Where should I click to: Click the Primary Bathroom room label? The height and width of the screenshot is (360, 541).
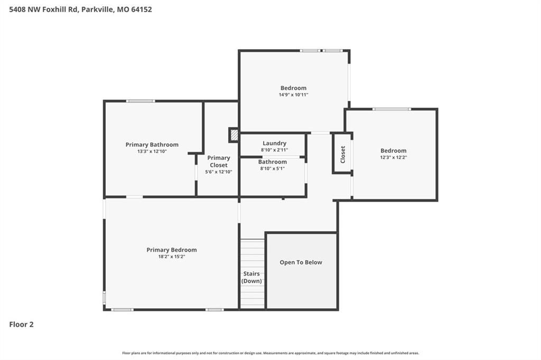152,145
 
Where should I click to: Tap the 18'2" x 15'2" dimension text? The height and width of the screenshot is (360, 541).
172,257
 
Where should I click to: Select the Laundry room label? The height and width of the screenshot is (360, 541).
274,143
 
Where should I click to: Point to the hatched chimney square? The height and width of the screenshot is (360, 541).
234,135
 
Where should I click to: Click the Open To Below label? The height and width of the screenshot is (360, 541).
301,262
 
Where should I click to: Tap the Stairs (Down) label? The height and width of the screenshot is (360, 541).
251,277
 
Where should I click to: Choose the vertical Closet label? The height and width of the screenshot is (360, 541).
342,155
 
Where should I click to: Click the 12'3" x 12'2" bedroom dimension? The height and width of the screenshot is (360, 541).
393,157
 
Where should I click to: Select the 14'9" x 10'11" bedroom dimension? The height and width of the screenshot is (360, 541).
293,94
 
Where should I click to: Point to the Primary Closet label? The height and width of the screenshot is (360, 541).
218,162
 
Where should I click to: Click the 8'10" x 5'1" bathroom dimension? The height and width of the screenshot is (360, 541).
272,168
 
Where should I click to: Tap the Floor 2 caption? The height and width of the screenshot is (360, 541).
21,325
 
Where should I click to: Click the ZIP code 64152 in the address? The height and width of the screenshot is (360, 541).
142,10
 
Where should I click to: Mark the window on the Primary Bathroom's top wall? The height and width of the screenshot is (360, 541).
141,101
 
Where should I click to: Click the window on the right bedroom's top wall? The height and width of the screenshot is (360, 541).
391,109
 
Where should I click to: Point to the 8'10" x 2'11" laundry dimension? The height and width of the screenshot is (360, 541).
274,150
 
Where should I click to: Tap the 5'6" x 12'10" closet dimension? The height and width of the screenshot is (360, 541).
218,172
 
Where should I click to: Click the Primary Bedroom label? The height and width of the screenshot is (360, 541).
172,250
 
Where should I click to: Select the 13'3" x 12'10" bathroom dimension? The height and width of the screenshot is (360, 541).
152,151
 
